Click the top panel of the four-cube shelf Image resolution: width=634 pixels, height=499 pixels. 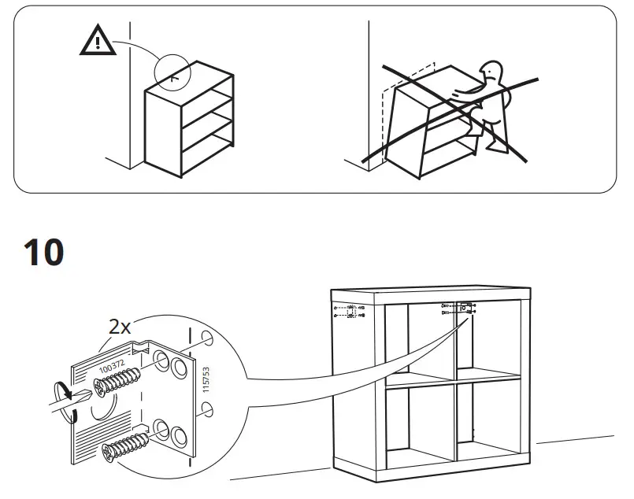click(x=429, y=294)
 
